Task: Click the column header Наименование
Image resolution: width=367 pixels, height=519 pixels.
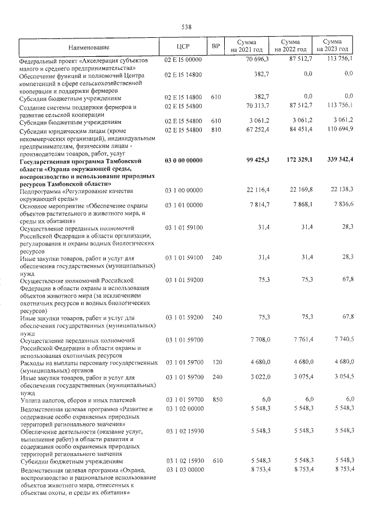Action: pos(89,46)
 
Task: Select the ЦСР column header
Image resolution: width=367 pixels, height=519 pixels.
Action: pos(184,46)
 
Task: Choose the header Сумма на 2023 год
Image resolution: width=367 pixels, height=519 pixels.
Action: pos(332,46)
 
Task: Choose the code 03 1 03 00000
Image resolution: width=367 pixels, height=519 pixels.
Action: pos(183,470)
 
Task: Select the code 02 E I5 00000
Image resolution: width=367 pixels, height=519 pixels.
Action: pos(183,59)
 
